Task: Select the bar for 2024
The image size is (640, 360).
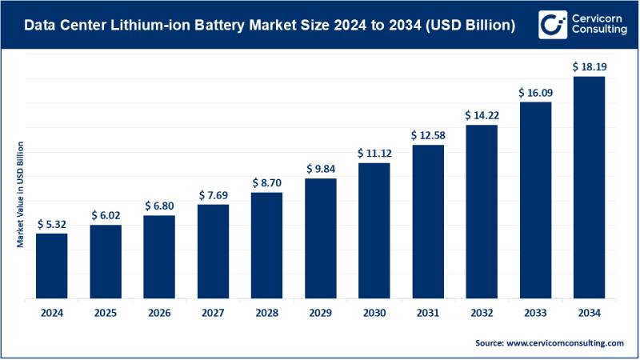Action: [x=51, y=266]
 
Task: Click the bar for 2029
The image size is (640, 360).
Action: [x=320, y=239]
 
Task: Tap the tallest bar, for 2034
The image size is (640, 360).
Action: [x=589, y=188]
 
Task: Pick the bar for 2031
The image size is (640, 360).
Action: [x=428, y=222]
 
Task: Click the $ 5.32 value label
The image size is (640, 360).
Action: [x=51, y=224]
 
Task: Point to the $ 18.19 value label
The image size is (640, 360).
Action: [x=589, y=67]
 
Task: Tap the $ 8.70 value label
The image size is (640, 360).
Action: [x=266, y=183]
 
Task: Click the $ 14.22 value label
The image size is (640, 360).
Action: [x=482, y=115]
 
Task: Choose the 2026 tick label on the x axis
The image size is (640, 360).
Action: [x=159, y=312]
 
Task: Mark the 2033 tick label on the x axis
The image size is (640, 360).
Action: [x=535, y=312]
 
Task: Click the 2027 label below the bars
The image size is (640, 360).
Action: [x=213, y=312]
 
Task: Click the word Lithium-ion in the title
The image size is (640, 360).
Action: [x=158, y=26]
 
